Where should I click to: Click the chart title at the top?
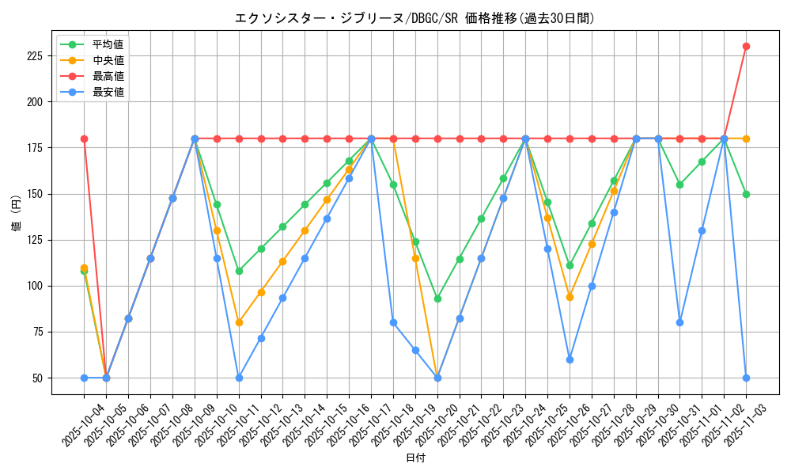pyautogui.click(x=414, y=18)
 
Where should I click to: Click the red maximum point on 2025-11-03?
pyautogui.click(x=746, y=46)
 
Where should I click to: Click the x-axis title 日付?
pyautogui.click(x=414, y=458)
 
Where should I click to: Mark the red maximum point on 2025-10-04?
pyautogui.click(x=84, y=139)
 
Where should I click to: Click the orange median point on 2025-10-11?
pyautogui.click(x=239, y=322)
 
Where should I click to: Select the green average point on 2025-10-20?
pyautogui.click(x=437, y=298)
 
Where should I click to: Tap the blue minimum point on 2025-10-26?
pyautogui.click(x=570, y=359)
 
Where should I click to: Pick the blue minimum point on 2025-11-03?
pyautogui.click(x=746, y=378)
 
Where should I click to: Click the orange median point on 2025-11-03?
pyautogui.click(x=746, y=139)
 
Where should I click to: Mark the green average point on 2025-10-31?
pyautogui.click(x=679, y=184)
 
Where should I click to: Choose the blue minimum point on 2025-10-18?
pyautogui.click(x=393, y=322)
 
